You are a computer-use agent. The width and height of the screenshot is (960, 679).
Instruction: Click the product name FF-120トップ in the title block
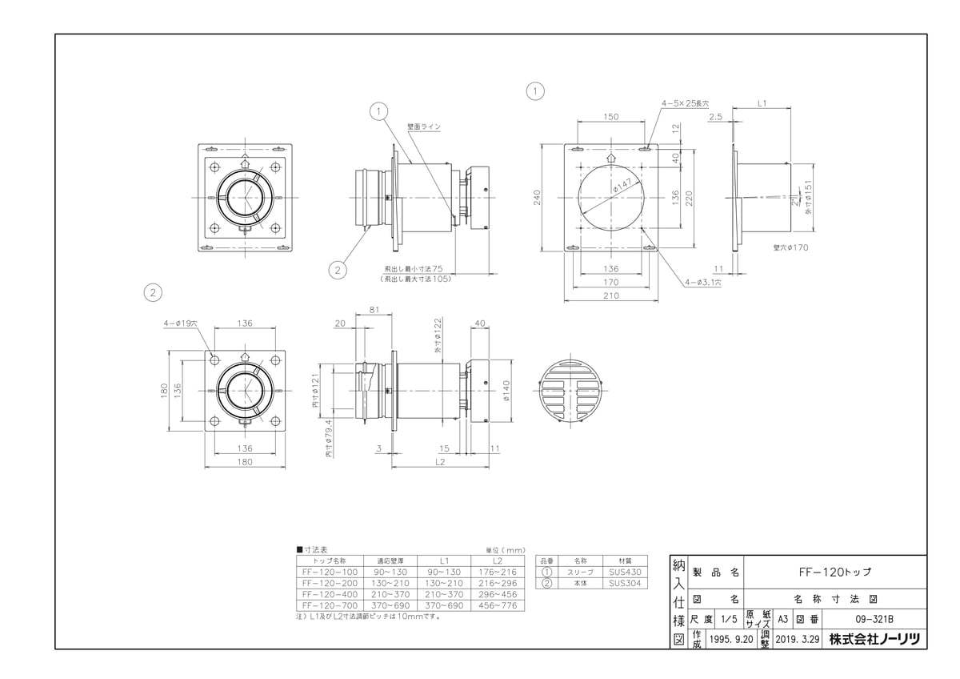coord(835,573)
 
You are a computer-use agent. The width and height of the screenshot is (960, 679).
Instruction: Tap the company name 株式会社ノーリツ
coord(874,639)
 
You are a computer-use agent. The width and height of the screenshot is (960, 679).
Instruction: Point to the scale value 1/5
coord(729,619)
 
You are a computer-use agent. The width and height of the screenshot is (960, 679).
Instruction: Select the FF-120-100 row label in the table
coord(330,573)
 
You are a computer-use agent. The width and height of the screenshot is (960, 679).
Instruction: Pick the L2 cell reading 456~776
coord(498,605)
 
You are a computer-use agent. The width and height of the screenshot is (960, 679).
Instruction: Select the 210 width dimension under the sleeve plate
coord(611,295)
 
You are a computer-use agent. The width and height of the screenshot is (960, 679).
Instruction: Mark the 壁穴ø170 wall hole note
coord(791,247)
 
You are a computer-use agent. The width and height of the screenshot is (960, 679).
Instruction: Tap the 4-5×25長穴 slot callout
coord(685,103)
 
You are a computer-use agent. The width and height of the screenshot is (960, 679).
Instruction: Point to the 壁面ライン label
coord(424,127)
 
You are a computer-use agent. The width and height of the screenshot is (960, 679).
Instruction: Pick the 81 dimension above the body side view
coord(374,309)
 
